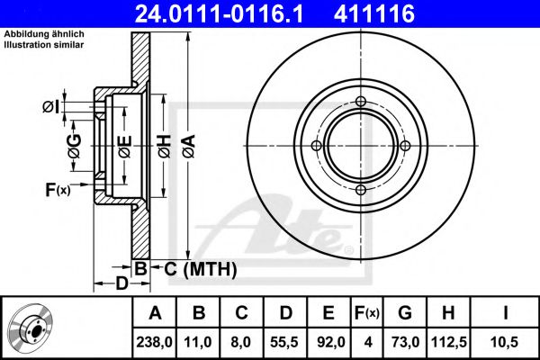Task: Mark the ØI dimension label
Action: coord(51,107)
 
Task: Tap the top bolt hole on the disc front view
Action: coord(360,102)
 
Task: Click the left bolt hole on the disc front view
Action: coord(316,146)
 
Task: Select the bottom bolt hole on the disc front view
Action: coord(360,189)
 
